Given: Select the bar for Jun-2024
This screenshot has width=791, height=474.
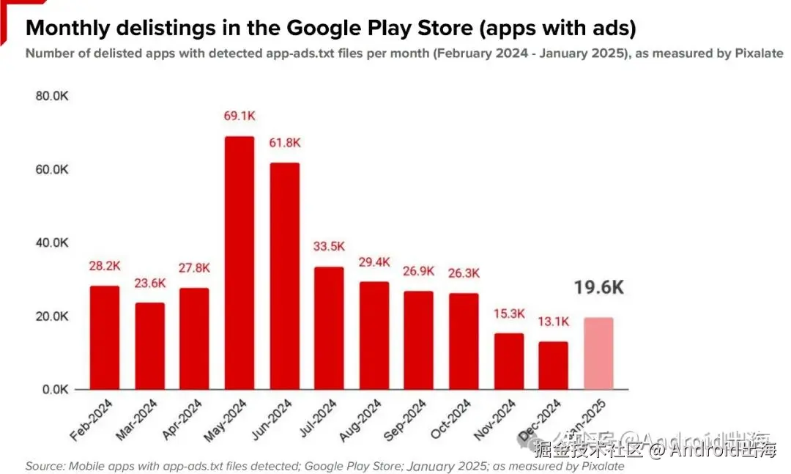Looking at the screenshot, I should pos(284,275).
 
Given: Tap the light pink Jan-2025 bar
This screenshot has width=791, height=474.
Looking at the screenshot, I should pos(598,353).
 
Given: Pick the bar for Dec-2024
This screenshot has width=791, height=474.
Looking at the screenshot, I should pos(553,365).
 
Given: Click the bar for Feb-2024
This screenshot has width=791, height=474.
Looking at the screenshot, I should pos(105,337).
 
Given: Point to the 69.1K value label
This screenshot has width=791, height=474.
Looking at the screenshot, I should pos(239,116).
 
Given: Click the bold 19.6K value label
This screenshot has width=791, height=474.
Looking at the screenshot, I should pos(598,287).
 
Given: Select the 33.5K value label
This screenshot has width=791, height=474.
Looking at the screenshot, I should pos(329,245).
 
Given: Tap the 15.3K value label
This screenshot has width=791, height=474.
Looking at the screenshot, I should pos(509,314).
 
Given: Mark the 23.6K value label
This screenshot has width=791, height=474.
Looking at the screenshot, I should pos(149,283).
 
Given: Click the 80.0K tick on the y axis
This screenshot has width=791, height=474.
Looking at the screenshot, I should pos(51,96).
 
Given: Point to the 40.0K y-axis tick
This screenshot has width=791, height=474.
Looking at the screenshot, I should pos(51,242).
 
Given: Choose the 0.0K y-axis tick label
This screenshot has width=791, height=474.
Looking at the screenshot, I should pos(53,390).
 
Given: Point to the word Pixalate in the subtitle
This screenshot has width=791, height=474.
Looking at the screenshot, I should pos(758,53).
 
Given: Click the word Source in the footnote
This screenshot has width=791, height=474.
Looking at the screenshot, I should pos(43,466).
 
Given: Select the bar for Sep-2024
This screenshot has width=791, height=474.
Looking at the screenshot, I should pos(418,340).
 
